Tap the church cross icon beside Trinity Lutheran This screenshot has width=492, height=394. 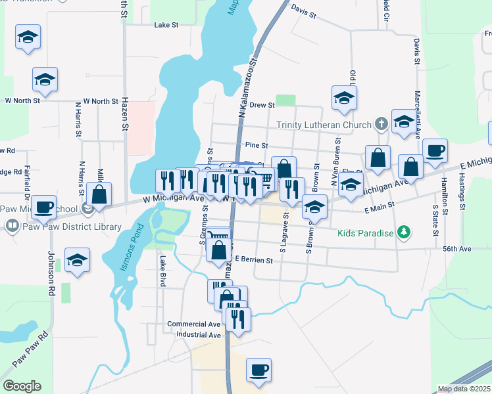380,124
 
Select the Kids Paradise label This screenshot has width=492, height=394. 366,233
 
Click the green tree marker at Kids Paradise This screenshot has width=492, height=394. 405,232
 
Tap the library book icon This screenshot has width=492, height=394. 12,227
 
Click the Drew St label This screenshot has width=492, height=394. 262,104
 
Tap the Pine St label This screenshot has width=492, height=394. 256,145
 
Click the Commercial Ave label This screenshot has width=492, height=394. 193,324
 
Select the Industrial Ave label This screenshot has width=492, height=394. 198,335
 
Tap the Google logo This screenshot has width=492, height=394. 22,386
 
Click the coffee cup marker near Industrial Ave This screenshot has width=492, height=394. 259,369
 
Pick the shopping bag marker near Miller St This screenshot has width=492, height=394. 99,194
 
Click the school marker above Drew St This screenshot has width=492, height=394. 343,98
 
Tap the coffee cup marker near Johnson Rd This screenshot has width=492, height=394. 44,206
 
